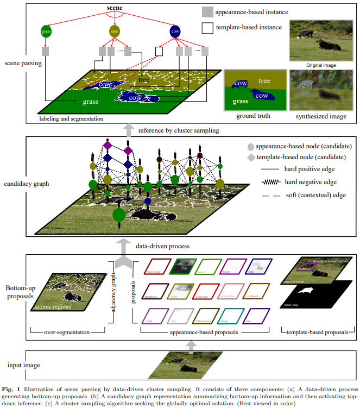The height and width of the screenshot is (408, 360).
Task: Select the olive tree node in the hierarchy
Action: click(114, 31)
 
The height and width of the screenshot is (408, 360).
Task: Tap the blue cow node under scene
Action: click(175, 32)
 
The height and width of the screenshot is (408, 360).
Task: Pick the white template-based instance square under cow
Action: click(159, 51)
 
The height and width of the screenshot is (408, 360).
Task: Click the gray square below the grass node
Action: click(46, 51)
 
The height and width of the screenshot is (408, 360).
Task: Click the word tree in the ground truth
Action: click(264, 81)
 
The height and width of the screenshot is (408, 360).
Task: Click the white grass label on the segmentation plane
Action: click(90, 101)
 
